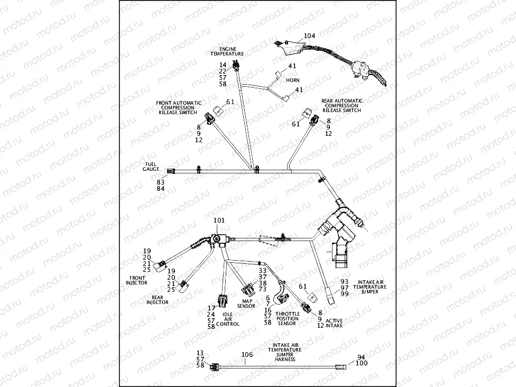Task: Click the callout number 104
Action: click(x=309, y=36)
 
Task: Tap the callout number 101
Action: click(x=219, y=220)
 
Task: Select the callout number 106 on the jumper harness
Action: click(x=247, y=355)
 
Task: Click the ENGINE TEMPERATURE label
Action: click(x=227, y=51)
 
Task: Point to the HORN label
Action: click(x=292, y=80)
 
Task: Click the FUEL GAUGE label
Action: click(x=151, y=167)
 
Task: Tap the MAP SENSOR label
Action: click(x=246, y=303)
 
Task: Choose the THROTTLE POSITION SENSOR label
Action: click(x=288, y=319)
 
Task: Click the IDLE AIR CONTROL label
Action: click(x=228, y=319)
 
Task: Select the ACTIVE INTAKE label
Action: click(x=334, y=323)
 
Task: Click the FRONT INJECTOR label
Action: click(x=136, y=280)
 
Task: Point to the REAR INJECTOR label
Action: click(x=158, y=300)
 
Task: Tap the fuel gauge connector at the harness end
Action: click(x=171, y=171)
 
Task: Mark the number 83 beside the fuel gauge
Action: click(x=160, y=181)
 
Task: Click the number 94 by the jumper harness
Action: click(x=361, y=358)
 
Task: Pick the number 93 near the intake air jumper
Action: click(x=345, y=282)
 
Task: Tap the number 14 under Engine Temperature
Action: click(x=223, y=65)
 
